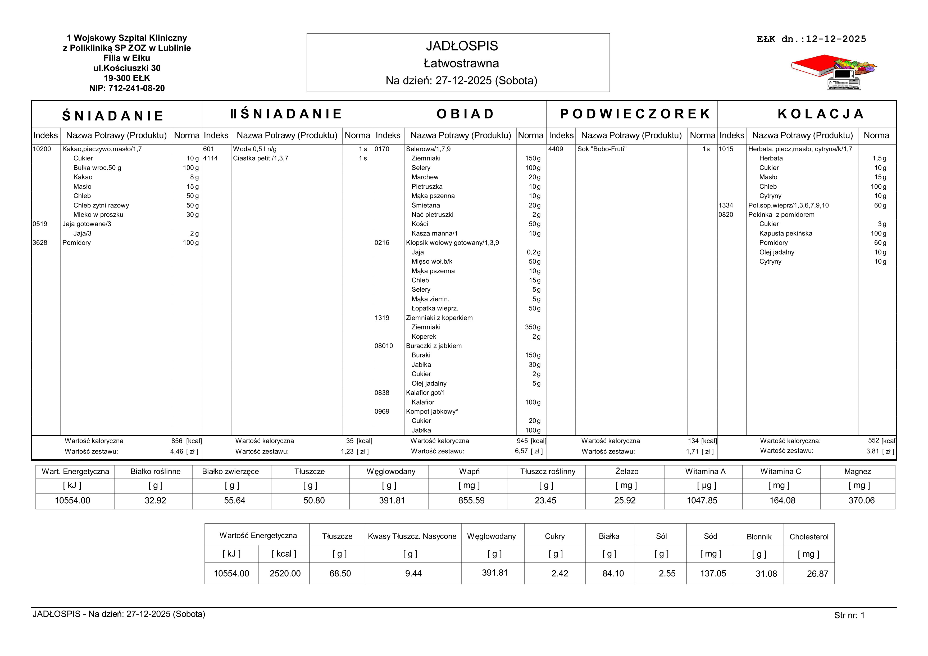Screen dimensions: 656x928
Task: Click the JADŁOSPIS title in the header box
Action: (x=462, y=46)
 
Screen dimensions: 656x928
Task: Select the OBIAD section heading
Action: (x=465, y=114)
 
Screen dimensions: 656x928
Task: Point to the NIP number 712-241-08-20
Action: (x=127, y=88)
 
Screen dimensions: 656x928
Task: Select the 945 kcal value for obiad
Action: (x=522, y=441)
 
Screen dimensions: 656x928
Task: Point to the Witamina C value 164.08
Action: (x=782, y=500)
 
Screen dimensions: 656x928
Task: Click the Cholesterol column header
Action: (x=809, y=537)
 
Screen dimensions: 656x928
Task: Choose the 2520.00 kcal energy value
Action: (x=285, y=573)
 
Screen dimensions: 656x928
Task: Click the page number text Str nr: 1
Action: (x=849, y=616)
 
